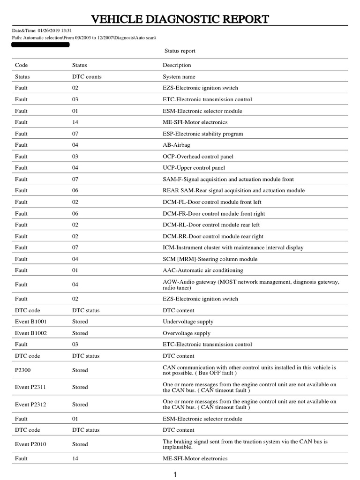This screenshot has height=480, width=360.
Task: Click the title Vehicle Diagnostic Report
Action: (x=180, y=19)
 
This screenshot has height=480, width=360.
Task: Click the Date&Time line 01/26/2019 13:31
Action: (x=42, y=31)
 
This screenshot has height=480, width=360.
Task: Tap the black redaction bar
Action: (x=40, y=45)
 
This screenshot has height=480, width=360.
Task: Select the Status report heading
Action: (x=180, y=51)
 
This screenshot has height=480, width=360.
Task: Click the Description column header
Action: (x=177, y=65)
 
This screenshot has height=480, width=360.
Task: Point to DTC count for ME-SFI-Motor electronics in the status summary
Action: (x=75, y=122)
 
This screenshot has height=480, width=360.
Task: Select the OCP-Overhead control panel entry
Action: (x=198, y=157)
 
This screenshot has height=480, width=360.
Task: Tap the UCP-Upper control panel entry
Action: (x=194, y=168)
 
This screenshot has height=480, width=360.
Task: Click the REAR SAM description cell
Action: (x=233, y=191)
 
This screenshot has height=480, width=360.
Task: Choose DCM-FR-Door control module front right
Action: (x=214, y=213)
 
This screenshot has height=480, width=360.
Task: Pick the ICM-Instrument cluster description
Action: (x=233, y=247)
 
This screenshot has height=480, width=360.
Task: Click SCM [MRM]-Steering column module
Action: (x=210, y=259)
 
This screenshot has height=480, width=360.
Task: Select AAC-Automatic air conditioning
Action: (x=203, y=270)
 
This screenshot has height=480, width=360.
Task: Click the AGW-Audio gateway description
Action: (x=251, y=285)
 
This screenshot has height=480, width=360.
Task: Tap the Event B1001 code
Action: (x=31, y=322)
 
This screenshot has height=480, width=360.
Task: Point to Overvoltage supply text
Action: (x=187, y=333)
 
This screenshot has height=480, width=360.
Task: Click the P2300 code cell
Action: (x=22, y=370)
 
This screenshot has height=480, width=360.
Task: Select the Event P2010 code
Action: (x=31, y=444)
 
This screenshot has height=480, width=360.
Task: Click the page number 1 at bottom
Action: (x=175, y=475)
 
